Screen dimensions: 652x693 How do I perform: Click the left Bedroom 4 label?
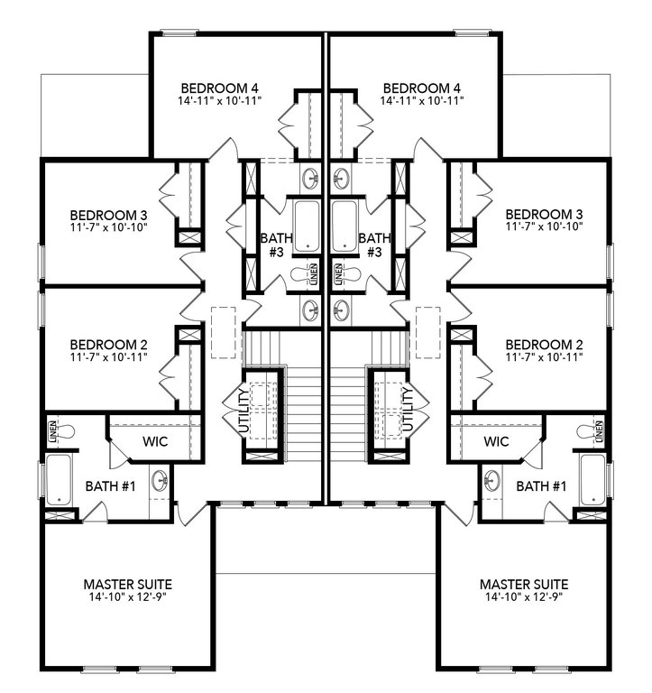219,88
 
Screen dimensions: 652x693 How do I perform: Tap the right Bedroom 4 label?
422,88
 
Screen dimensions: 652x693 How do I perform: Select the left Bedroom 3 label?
108,216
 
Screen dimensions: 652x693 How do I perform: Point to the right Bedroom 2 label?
544,345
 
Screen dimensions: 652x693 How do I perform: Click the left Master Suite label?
128,585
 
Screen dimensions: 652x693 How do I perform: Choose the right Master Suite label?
524,585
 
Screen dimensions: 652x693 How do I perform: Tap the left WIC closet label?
155,441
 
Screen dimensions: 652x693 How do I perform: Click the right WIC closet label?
496,441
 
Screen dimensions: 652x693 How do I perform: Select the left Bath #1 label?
110,486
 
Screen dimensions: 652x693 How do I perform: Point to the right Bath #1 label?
541,486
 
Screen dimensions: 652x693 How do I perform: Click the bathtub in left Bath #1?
59,479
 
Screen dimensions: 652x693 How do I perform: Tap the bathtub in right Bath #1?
592,479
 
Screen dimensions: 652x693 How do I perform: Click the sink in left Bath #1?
160,480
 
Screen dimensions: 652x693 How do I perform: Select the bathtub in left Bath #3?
307,226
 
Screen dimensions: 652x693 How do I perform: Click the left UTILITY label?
243,411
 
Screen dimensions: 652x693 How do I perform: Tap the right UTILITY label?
408,410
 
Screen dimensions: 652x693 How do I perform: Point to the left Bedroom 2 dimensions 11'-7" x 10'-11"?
108,356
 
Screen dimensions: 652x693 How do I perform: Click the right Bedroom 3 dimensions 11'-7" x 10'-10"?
544,226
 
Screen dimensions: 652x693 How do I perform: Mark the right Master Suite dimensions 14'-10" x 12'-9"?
524,596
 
